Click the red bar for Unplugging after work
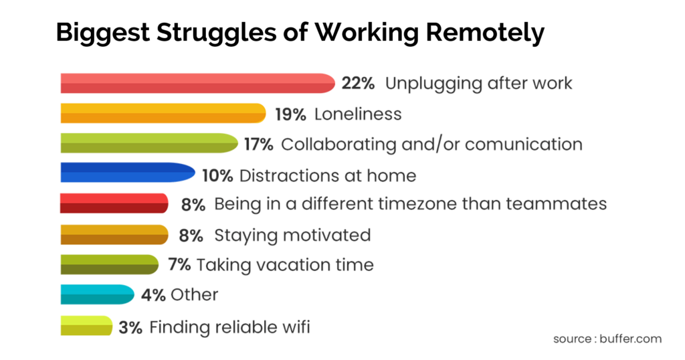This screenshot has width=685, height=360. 197,83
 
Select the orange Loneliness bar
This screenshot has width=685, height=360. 163,114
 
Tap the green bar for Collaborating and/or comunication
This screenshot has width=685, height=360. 149,144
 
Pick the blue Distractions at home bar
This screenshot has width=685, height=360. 127,175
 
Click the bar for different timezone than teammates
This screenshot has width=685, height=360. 114,203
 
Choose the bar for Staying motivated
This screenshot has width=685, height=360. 114,235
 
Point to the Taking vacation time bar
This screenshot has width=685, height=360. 109,265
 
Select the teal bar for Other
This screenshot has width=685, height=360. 97,294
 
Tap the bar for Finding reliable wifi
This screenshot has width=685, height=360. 86,326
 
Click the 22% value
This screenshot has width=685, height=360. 358,83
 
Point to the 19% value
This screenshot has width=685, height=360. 290,114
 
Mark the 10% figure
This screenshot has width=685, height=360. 217,176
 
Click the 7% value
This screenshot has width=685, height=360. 180,265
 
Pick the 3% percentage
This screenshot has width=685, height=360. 130,327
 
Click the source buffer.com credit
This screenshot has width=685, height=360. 607,339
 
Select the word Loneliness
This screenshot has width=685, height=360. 358,114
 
